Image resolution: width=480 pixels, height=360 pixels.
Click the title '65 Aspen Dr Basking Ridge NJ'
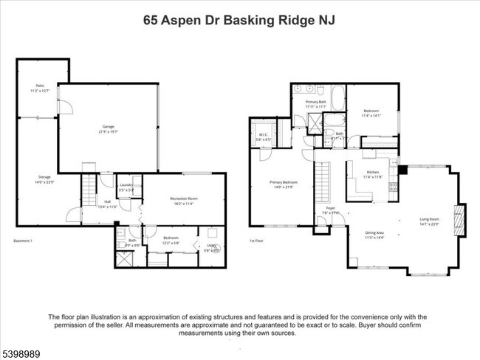239,20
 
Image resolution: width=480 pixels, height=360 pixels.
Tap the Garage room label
108,128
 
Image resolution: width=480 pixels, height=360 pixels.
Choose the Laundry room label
125,187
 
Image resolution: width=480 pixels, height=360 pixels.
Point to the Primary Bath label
316,104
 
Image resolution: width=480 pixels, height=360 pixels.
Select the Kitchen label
373,174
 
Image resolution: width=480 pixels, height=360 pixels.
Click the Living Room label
430,221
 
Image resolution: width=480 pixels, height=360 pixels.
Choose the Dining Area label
375,235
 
